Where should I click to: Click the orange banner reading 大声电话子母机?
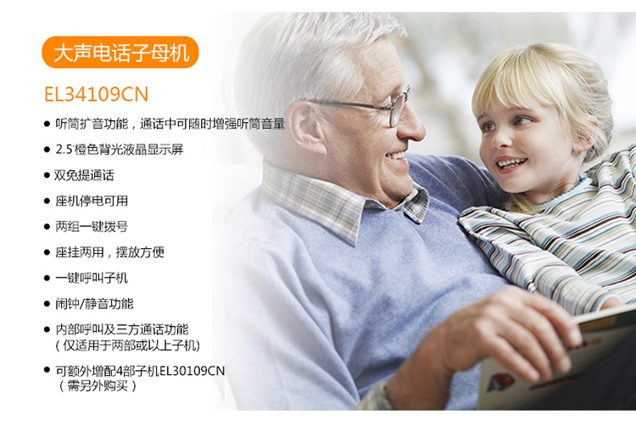click(120, 52)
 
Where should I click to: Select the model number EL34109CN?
click(96, 94)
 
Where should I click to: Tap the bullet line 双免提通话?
click(84, 175)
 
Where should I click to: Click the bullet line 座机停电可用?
click(92, 201)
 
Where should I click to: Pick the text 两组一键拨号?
click(92, 227)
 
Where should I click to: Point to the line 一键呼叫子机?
click(92, 278)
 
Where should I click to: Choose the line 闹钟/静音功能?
click(94, 304)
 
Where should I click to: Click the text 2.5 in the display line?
click(64, 149)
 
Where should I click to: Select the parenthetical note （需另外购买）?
click(98, 386)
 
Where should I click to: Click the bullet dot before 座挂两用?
click(47, 252)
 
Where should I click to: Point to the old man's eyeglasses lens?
click(396, 109)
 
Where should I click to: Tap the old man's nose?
click(411, 125)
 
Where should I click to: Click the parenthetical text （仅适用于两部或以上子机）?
click(128, 345)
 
